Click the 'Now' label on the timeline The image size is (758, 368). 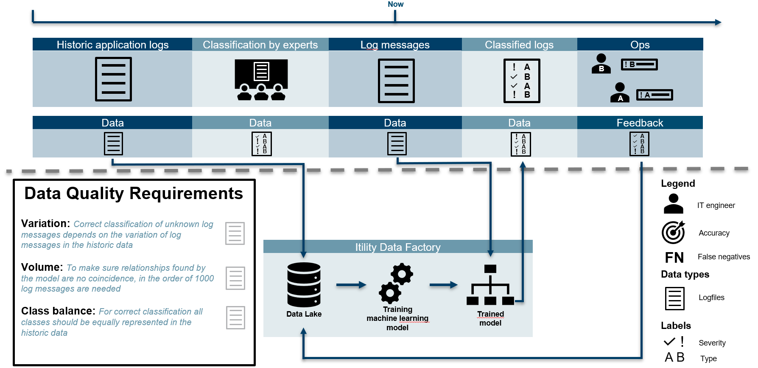[x=395, y=4]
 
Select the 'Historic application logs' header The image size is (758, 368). [x=112, y=45]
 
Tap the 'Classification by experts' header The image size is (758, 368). [x=260, y=45]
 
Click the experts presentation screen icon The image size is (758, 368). [x=261, y=79]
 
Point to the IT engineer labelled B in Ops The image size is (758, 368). [x=601, y=64]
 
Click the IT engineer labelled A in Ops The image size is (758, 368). [x=620, y=93]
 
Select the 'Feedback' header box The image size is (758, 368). [x=640, y=123]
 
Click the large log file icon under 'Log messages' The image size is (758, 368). [x=396, y=81]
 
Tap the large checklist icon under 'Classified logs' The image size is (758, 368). [x=521, y=81]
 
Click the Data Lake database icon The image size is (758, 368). [x=304, y=284]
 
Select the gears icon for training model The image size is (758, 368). [x=396, y=283]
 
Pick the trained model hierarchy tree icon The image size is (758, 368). [x=490, y=285]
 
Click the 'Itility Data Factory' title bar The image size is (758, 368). [x=397, y=247]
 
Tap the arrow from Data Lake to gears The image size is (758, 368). [x=351, y=285]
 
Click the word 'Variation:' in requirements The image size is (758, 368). [x=45, y=224]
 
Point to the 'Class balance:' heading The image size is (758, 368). [x=58, y=311]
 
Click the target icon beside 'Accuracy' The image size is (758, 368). [x=674, y=232]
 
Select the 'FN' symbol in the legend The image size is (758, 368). [x=674, y=258]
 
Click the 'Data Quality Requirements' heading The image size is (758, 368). [x=134, y=194]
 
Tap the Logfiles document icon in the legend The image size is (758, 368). [x=674, y=298]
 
